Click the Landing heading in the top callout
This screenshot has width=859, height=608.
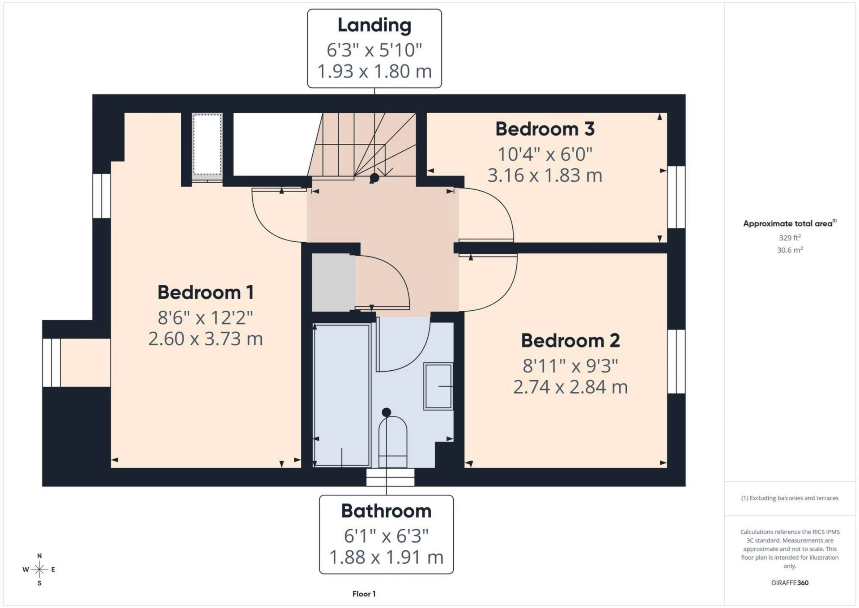[374, 26]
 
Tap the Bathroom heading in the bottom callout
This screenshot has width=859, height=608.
[386, 511]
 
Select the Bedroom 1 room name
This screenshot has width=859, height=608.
[205, 293]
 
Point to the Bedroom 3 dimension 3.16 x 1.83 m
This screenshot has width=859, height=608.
[544, 176]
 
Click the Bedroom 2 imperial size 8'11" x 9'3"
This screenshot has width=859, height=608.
[570, 366]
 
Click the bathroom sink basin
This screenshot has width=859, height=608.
[438, 386]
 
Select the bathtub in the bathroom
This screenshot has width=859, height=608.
[342, 396]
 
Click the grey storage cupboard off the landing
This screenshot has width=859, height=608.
[333, 283]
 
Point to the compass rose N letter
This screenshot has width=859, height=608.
[39, 556]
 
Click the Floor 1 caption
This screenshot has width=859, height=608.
[364, 594]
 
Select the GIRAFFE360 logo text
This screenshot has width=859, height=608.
[790, 582]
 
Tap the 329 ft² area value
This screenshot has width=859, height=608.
[790, 238]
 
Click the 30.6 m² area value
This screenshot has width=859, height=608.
[790, 250]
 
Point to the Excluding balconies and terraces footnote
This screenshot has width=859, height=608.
[790, 498]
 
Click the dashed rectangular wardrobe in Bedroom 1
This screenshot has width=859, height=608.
[207, 144]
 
